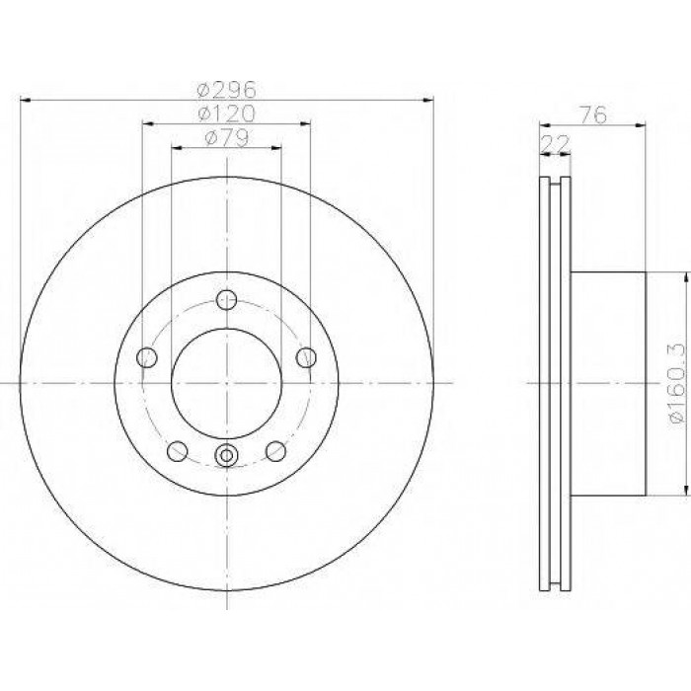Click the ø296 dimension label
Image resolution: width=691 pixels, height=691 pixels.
coord(226,90)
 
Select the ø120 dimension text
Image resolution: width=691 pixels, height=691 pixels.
coord(226,114)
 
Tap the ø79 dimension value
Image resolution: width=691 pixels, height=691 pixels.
coord(226,137)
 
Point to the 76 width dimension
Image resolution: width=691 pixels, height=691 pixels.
coord(593,115)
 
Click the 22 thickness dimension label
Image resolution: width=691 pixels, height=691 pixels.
coord(555,143)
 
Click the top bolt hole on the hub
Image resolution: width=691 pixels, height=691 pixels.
coord(226,300)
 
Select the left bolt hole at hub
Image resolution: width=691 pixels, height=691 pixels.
coord(147,357)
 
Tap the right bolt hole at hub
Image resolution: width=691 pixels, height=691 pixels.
coord(306,357)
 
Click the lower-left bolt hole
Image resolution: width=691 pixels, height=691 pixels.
coord(178,451)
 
